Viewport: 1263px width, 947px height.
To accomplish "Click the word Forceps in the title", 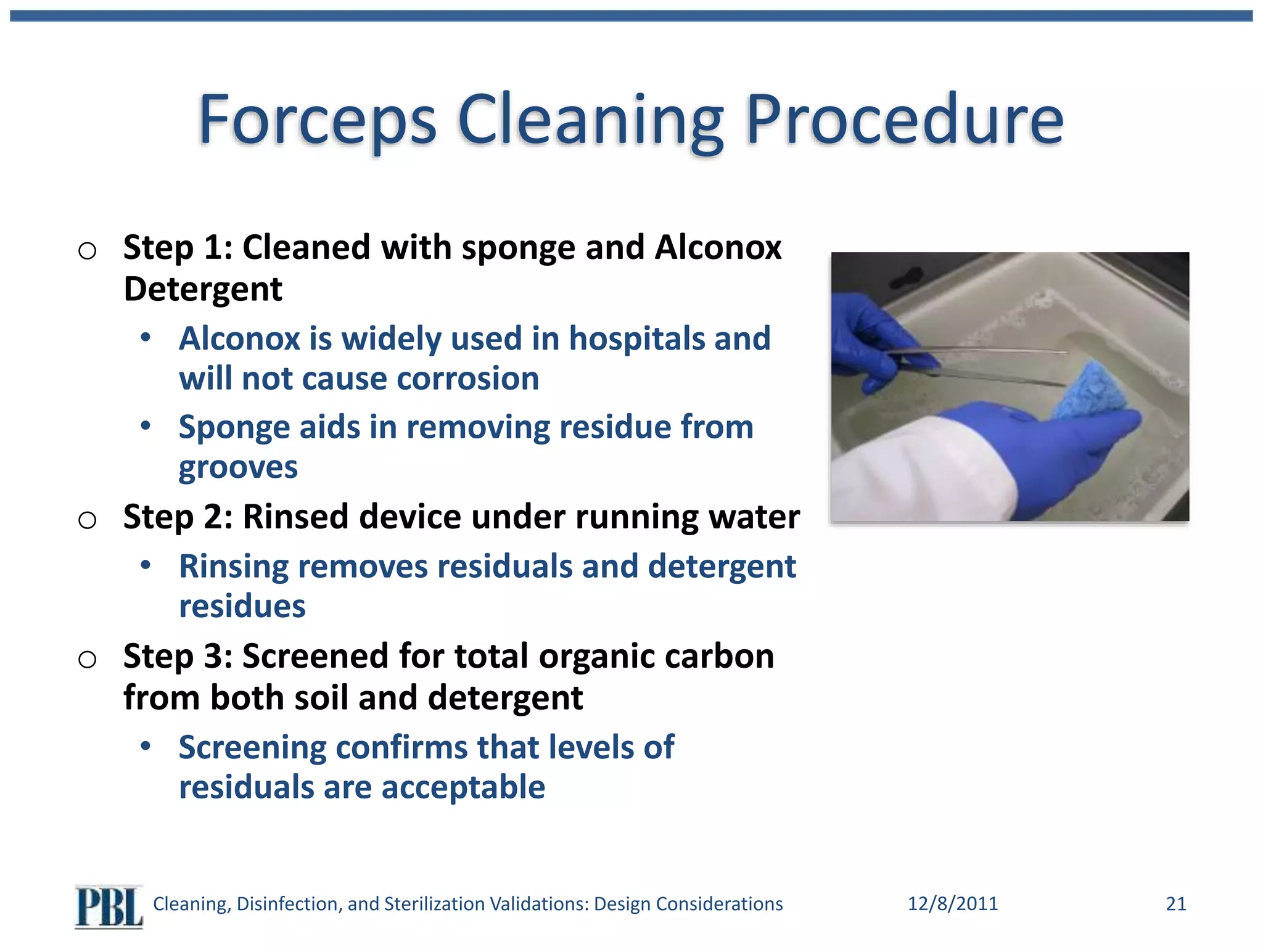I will coord(317,120).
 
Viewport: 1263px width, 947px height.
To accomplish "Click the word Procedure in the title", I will coord(905,120).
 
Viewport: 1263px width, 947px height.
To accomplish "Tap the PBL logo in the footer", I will coord(109,906).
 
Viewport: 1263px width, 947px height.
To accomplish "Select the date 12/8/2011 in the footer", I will coord(952,904).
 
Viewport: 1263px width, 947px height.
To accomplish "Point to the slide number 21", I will coord(1175,904).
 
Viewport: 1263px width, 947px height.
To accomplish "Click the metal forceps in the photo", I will coord(987,364).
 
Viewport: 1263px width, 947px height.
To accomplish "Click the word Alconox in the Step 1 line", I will coord(718,248).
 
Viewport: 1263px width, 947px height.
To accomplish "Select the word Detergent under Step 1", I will coord(202,289).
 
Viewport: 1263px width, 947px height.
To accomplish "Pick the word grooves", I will coord(238,467).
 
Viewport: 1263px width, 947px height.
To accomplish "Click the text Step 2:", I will coord(178,517).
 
